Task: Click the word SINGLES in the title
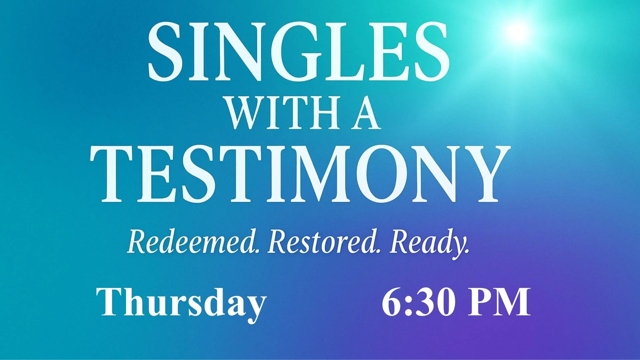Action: click(x=298, y=52)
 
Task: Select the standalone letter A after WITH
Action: click(x=366, y=113)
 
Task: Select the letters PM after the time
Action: click(x=499, y=302)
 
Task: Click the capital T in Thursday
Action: click(x=110, y=302)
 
